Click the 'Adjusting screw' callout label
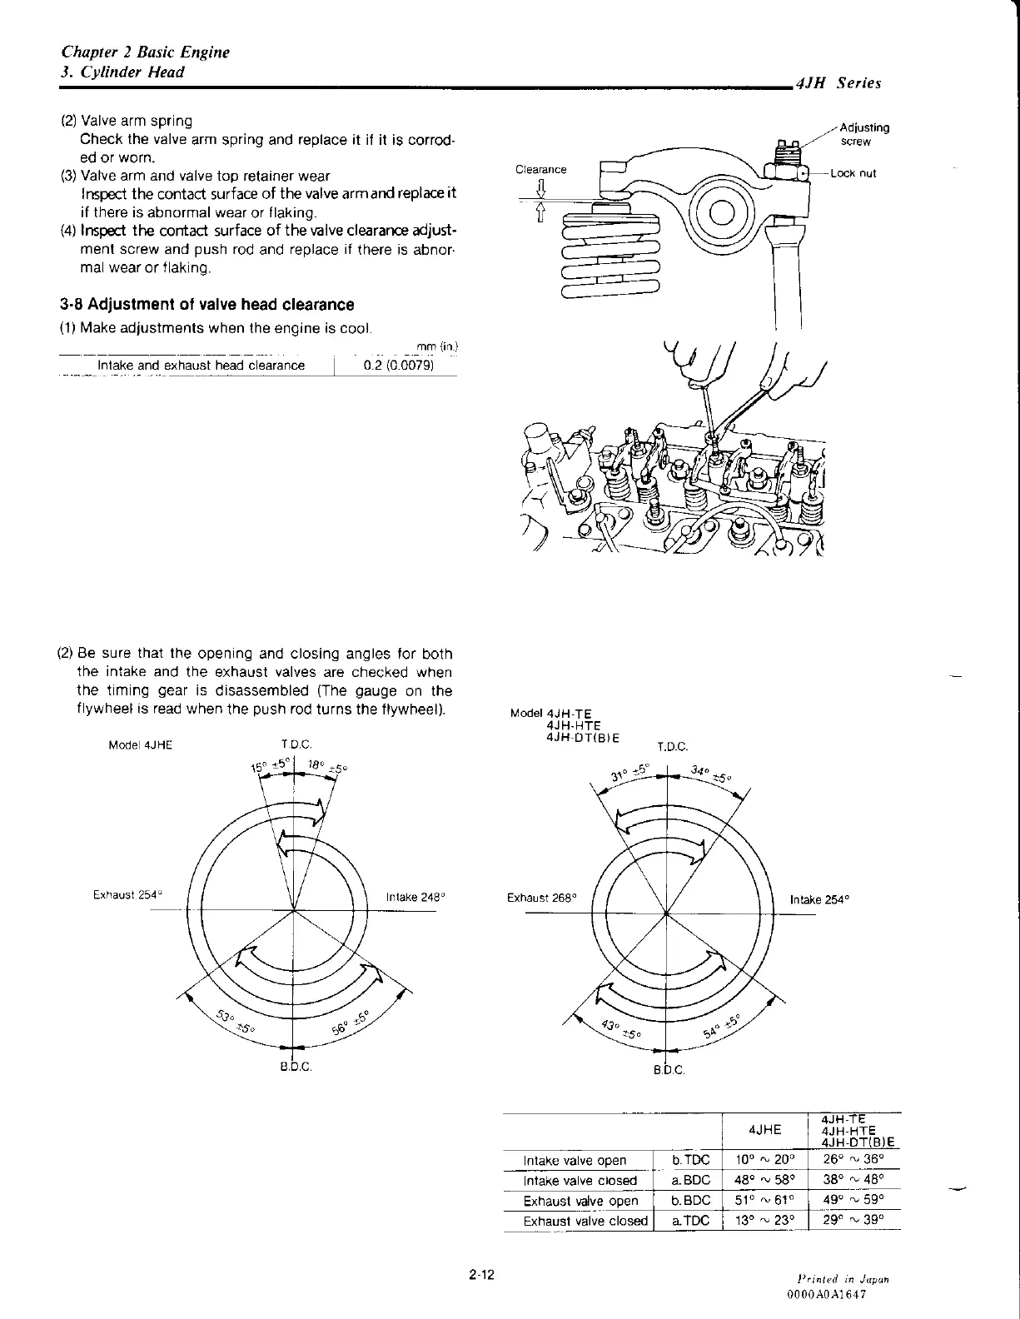tap(864, 134)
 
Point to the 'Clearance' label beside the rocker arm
tap(540, 169)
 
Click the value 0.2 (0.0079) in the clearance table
tap(399, 366)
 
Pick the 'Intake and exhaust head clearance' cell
tap(201, 366)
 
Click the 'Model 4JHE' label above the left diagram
tap(140, 745)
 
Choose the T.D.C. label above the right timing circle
tap(673, 747)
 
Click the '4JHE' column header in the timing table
tap(765, 1130)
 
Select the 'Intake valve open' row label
tap(575, 1161)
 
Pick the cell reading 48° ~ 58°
tap(765, 1181)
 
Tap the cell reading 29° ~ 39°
tap(853, 1220)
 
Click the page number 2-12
tap(481, 1274)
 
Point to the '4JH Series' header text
tap(838, 82)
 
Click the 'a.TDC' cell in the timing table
tap(691, 1221)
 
